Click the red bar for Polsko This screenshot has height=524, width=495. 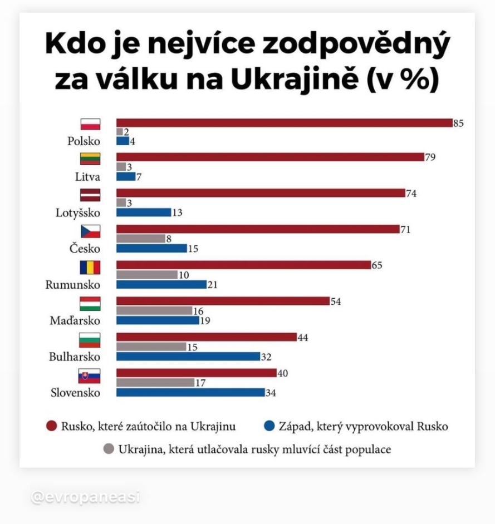coord(284,123)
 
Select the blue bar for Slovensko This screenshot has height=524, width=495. coord(190,392)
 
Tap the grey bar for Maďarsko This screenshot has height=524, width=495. coord(154,310)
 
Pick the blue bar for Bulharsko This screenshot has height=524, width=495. coord(188,356)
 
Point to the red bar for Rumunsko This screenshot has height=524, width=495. coord(243,265)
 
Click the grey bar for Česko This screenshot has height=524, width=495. coord(140,239)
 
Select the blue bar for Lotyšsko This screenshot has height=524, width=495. coord(143,212)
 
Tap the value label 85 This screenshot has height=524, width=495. coord(459,123)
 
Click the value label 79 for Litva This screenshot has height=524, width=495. coord(430,157)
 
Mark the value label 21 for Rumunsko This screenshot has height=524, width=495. coord(212,285)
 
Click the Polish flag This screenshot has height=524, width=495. coord(90,124)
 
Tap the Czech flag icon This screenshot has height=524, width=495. coord(90,231)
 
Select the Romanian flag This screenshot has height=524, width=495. coord(90,268)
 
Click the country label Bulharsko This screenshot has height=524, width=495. coord(75,357)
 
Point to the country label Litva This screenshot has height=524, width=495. coord(87,177)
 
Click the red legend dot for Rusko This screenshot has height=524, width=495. coord(52,427)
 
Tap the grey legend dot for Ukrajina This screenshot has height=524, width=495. coord(109,449)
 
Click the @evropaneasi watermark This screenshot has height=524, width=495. coord(85,497)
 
